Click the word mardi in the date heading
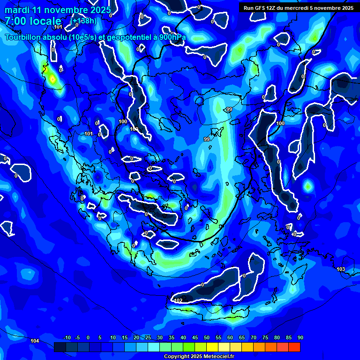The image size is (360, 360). pyautogui.click(x=16, y=10)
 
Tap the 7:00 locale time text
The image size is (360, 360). pyautogui.click(x=33, y=21)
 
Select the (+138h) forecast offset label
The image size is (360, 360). pyautogui.click(x=84, y=21)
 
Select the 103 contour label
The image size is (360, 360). pyautogui.click(x=341, y=269)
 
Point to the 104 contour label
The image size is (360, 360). pyautogui.click(x=35, y=340)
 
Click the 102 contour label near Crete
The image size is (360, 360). pyautogui.click(x=178, y=300)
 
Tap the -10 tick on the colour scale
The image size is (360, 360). pyautogui.click(x=67, y=337)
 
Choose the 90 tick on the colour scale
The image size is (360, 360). pyautogui.click(x=300, y=337)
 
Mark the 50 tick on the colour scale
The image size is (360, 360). pyautogui.click(x=206, y=337)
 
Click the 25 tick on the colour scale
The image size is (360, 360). pyautogui.click(x=148, y=337)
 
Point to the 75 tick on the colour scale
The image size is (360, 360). pyautogui.click(x=265, y=337)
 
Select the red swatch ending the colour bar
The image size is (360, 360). pyautogui.click(x=294, y=347)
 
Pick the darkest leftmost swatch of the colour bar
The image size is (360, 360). pyautogui.click(x=60, y=347)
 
